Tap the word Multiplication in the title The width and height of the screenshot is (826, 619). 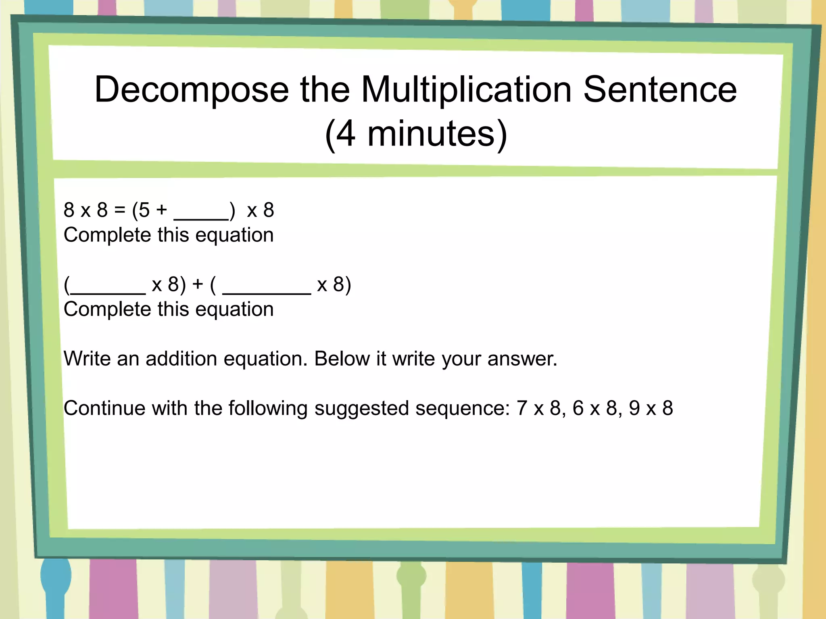click(x=466, y=89)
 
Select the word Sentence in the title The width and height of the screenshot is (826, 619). click(x=660, y=89)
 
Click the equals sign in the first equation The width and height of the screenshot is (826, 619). click(x=120, y=210)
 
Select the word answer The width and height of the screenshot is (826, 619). click(x=522, y=359)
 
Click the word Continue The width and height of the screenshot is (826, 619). click(x=104, y=408)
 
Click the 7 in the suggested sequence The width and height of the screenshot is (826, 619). click(x=522, y=408)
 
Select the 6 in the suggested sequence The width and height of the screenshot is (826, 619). click(x=578, y=408)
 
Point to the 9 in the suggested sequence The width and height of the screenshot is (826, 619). click(x=634, y=408)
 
